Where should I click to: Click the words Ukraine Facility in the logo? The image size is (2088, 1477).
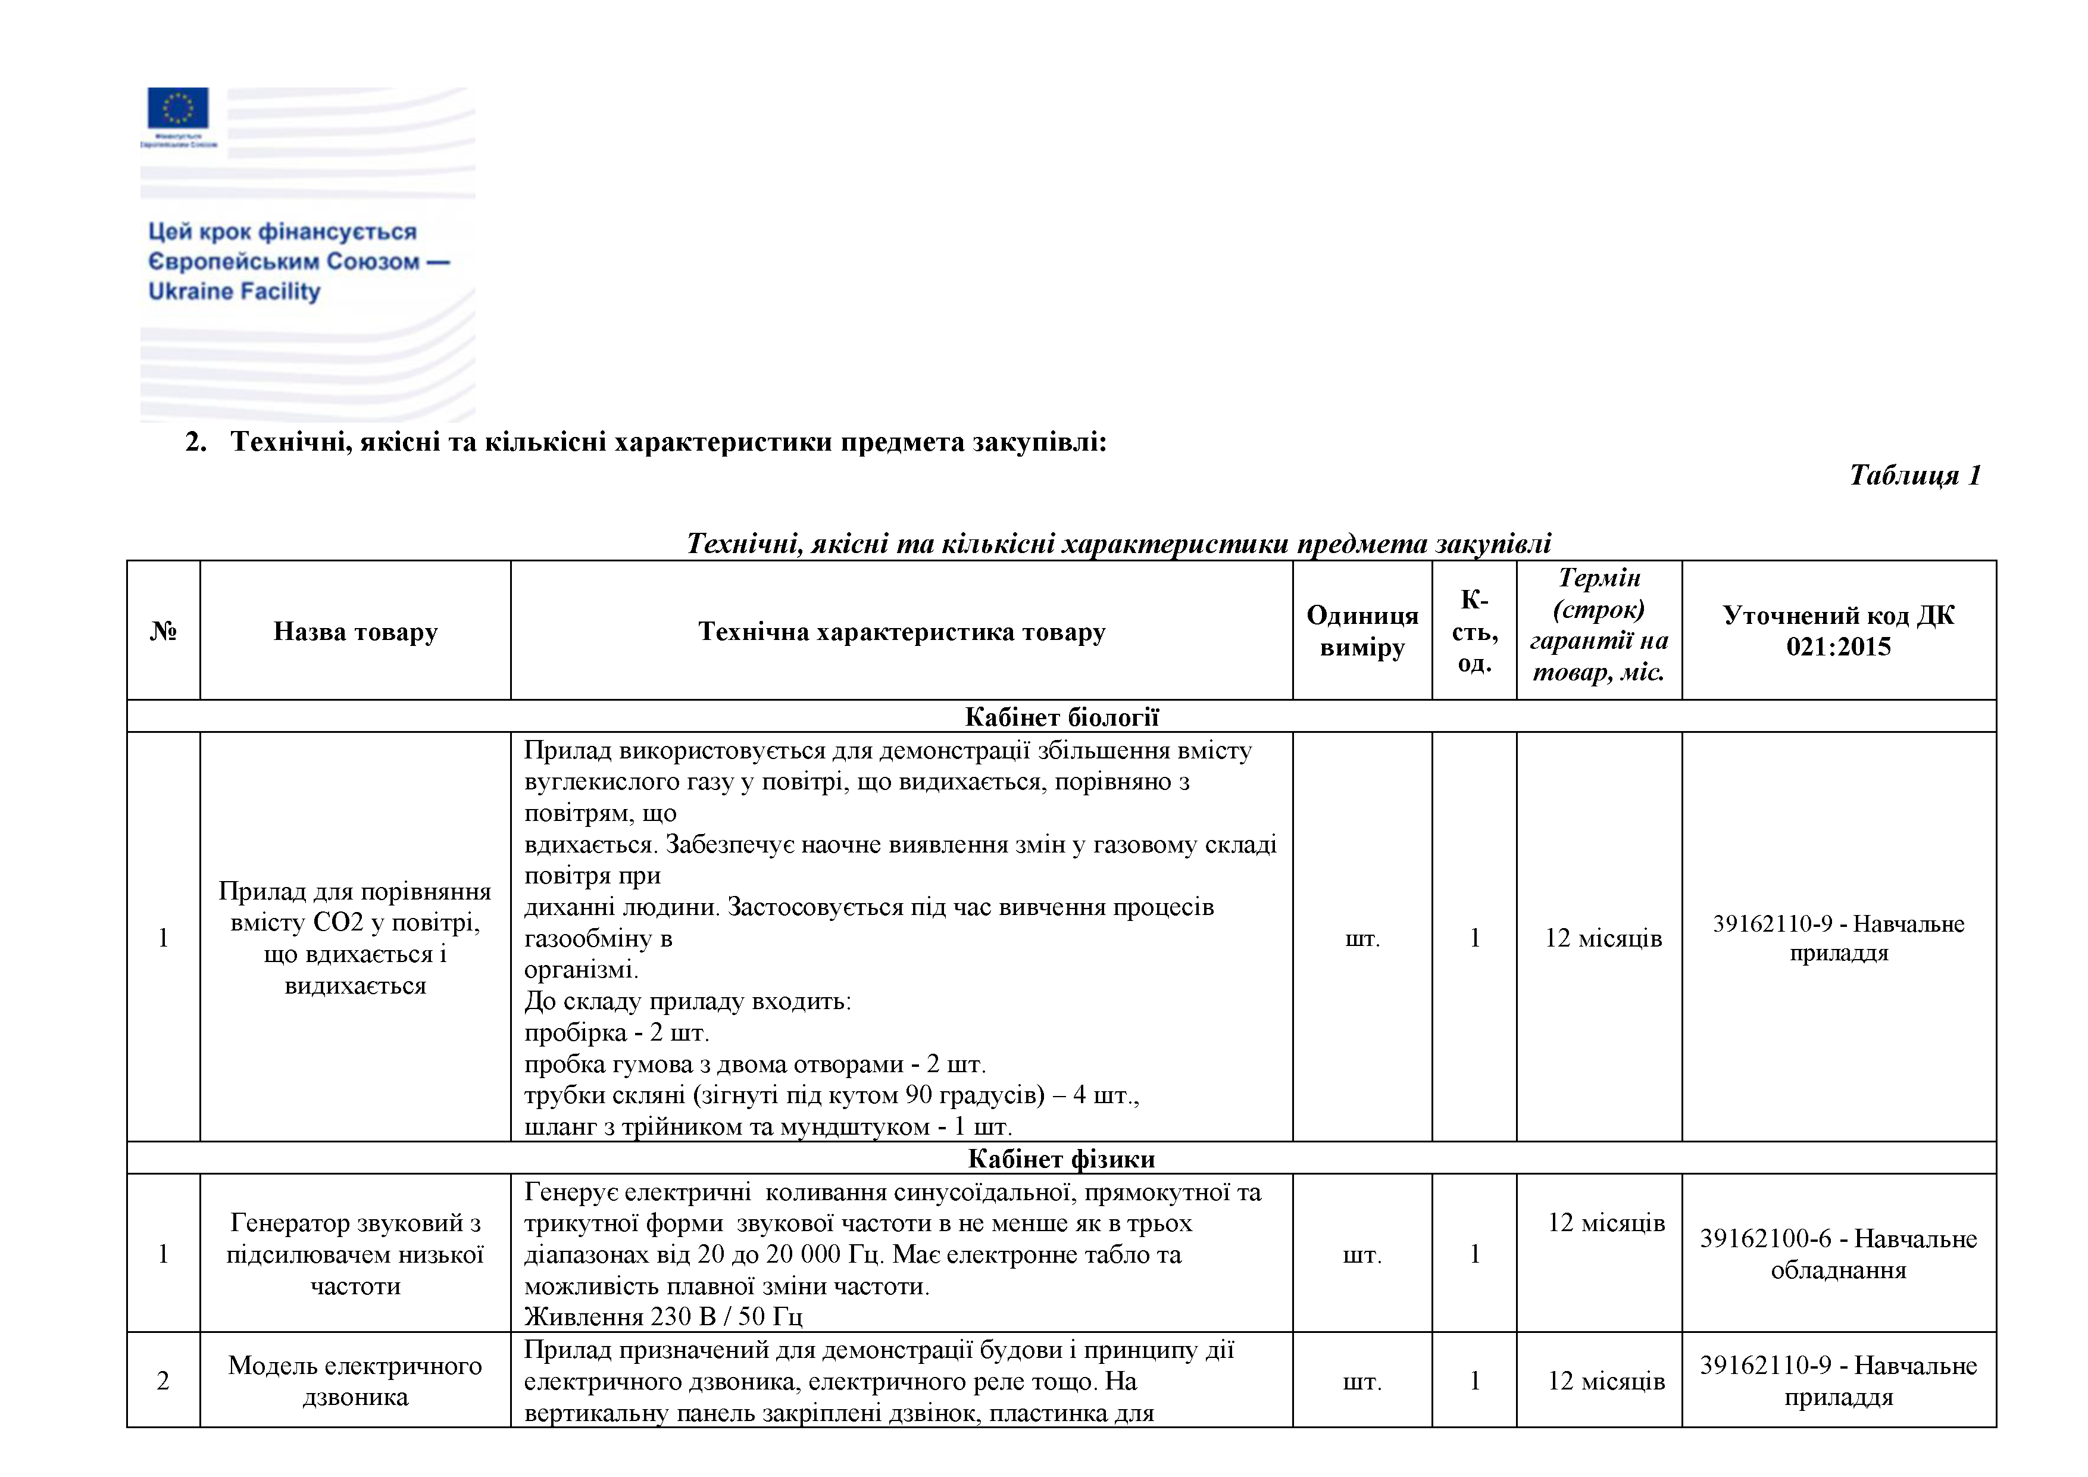234,291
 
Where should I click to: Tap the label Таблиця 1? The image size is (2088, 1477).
1914,474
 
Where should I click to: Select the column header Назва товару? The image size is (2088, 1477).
355,631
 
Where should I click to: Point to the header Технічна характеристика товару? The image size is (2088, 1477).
901,631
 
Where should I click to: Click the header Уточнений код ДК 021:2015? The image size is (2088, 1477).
1838,631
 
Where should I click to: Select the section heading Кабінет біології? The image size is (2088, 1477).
1061,717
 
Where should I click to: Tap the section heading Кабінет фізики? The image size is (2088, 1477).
1061,1159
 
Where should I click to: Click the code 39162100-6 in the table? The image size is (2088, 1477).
1764,1239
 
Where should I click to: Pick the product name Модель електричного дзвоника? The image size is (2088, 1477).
355,1381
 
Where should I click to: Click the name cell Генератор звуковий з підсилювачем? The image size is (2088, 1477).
355,1254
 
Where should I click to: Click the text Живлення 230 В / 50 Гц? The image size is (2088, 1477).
663,1316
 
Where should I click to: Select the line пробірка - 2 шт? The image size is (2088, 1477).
617,1032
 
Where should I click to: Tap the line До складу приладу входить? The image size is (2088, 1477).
687,1001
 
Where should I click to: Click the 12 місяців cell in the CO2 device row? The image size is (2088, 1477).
1602,938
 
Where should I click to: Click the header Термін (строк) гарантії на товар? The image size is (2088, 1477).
1599,625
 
